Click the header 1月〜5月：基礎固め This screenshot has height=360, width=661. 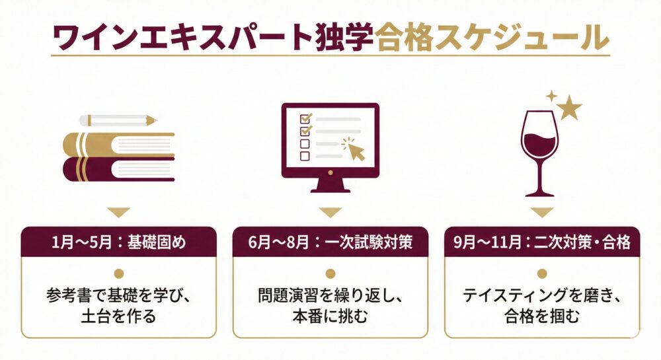(119, 243)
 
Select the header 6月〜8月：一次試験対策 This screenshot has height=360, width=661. (331, 243)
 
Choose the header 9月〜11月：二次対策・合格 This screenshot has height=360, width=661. (543, 243)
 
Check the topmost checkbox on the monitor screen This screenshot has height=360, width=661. (305, 119)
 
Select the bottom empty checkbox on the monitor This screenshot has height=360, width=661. (305, 157)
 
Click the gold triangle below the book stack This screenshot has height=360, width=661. (119, 213)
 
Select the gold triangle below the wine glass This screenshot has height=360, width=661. (542, 213)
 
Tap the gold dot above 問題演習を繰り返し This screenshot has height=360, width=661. (330, 273)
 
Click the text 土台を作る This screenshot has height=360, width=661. (119, 317)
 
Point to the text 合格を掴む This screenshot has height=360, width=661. (542, 317)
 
